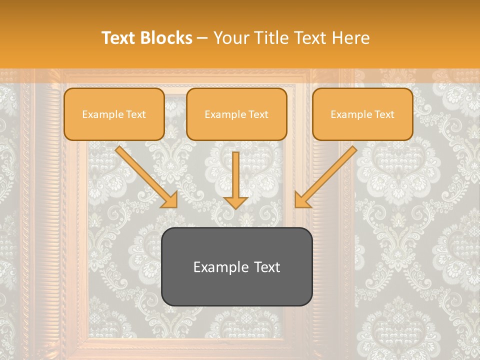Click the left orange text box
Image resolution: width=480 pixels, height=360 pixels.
click(x=114, y=114)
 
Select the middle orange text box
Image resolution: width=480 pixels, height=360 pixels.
click(x=236, y=114)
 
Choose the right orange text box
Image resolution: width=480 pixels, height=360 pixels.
click(x=362, y=114)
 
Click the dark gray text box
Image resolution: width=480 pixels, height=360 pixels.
click(x=236, y=266)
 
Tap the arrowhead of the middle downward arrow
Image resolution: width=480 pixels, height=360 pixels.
click(x=236, y=202)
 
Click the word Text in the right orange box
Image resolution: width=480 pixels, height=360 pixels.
click(x=384, y=114)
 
